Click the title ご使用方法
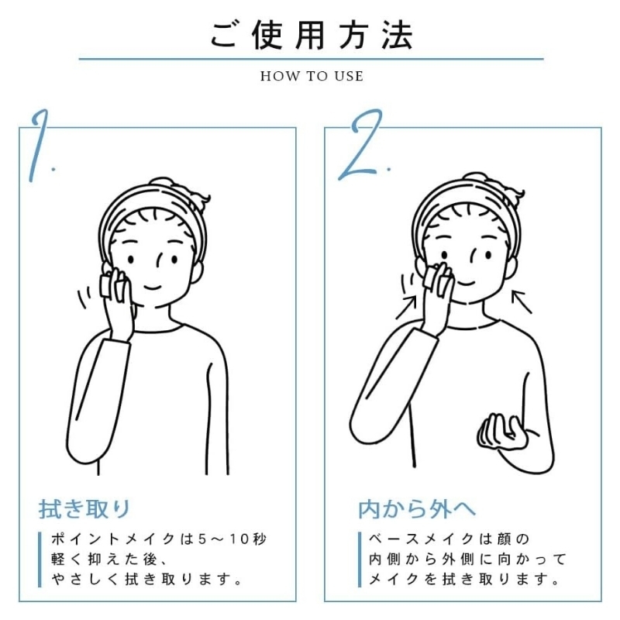[x=312, y=35]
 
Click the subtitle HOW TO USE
[x=312, y=76]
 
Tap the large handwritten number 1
[x=40, y=146]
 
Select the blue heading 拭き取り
[x=84, y=508]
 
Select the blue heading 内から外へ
[x=417, y=509]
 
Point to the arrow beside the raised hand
[x=406, y=307]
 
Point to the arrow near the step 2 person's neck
[x=522, y=301]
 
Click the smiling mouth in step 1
[x=152, y=286]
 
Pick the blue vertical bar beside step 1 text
[x=40, y=560]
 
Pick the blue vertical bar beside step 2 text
[x=360, y=560]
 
